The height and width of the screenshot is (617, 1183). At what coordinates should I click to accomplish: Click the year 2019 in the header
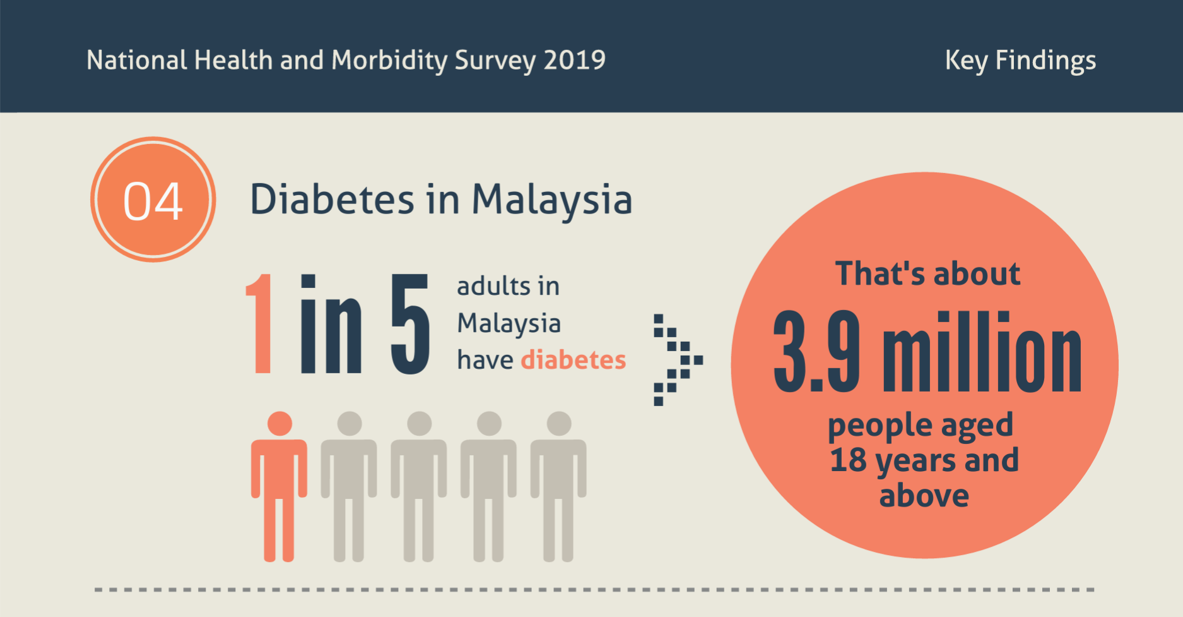coord(574,61)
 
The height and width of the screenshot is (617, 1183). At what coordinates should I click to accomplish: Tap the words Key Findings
coord(1020,61)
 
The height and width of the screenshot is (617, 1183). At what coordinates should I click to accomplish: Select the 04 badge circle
coord(153,200)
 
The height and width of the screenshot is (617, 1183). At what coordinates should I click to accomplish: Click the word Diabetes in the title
coord(332,200)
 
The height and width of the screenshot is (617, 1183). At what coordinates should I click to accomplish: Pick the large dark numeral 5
coord(410,324)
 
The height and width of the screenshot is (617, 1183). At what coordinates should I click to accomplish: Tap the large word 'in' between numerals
coord(331,324)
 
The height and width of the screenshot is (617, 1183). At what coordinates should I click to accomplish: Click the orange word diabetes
coord(573,360)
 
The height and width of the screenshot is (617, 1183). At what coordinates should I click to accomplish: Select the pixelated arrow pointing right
coord(676,359)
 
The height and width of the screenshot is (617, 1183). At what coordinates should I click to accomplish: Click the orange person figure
coord(279,486)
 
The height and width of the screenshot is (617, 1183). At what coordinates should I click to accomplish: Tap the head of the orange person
coord(280,424)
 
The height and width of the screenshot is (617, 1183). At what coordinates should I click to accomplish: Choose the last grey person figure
coord(558,486)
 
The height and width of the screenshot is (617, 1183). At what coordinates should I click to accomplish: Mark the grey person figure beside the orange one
coord(349,486)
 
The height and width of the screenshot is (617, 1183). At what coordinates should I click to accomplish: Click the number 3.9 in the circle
coord(816,351)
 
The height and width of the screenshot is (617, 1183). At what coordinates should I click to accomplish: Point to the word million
coord(982,352)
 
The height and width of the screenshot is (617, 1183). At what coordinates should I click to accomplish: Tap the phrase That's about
coord(927,273)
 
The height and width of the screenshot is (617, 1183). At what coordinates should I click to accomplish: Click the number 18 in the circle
coord(848,460)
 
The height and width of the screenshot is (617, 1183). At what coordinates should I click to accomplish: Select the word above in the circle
coord(924,496)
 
